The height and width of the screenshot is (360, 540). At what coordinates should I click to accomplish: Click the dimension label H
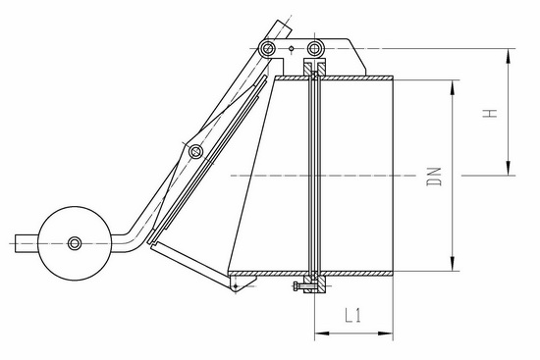click(x=490, y=114)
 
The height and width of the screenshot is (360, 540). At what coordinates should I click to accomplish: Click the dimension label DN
click(x=434, y=177)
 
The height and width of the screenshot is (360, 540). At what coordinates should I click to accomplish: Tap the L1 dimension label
click(x=352, y=315)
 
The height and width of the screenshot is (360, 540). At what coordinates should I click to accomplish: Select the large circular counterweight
click(x=75, y=243)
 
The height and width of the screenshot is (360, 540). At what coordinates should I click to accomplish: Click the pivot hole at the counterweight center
click(x=75, y=243)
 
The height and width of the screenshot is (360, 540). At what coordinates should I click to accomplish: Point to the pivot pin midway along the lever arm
click(x=196, y=151)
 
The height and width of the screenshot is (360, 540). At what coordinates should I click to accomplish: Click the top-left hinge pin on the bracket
click(x=267, y=48)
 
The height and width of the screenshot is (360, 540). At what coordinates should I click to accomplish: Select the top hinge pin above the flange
click(x=314, y=48)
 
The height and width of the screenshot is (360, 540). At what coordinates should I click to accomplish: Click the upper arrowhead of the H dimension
click(x=509, y=56)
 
